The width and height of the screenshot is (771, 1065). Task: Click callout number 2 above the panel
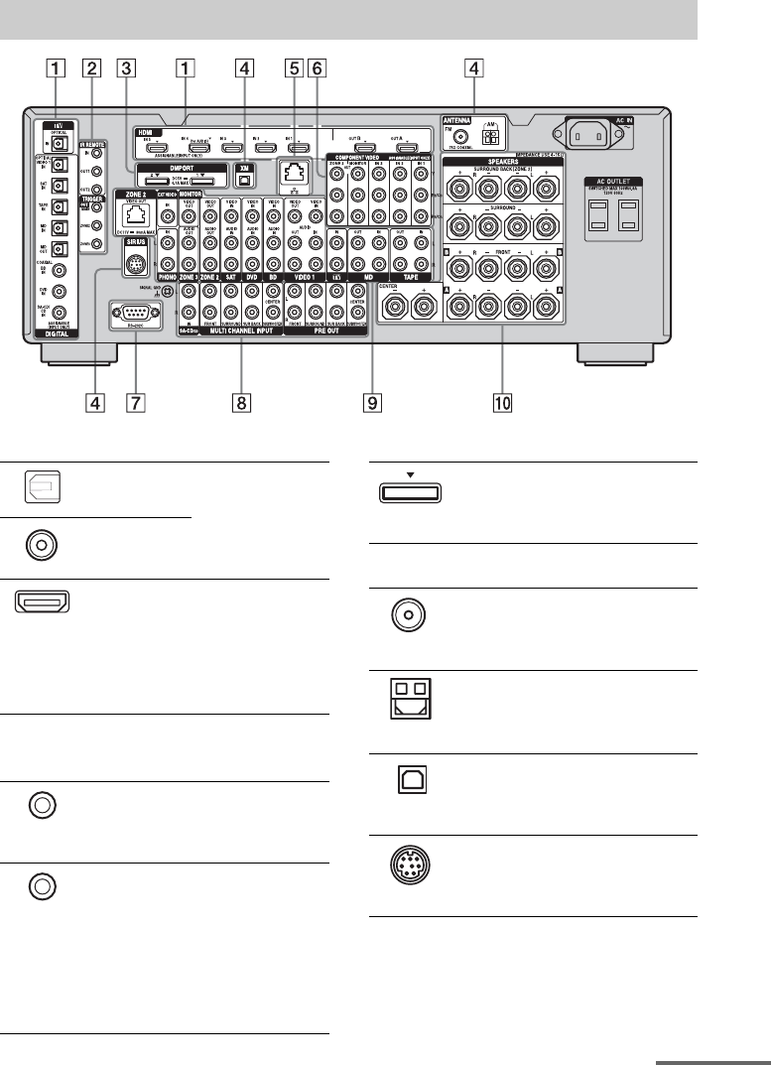(92, 68)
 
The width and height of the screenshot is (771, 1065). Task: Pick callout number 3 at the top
(124, 68)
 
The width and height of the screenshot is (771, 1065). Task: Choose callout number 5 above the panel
(292, 68)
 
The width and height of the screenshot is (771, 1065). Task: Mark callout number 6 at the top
(317, 68)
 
